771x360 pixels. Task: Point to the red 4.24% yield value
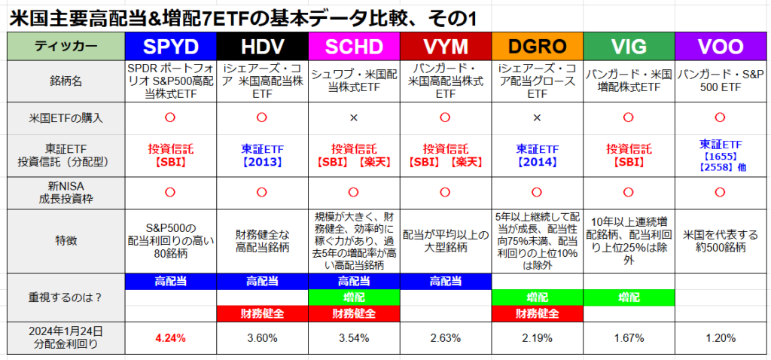(170, 338)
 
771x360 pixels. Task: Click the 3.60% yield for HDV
(262, 338)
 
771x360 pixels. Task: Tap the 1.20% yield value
(721, 338)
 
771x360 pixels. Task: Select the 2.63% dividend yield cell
(445, 338)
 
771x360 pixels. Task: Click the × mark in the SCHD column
(354, 118)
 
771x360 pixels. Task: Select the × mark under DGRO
(537, 118)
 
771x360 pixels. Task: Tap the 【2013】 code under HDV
(262, 162)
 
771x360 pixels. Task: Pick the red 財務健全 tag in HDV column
(262, 313)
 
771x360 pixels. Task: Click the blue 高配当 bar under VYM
(445, 282)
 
